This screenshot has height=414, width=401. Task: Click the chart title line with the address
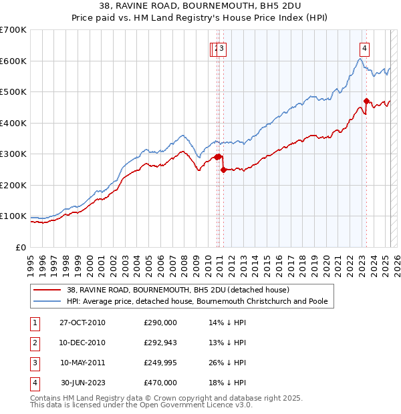tap(200, 7)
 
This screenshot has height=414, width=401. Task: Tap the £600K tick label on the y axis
tap(13, 61)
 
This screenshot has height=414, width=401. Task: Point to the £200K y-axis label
tap(13, 185)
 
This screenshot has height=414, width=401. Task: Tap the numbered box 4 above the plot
tap(365, 47)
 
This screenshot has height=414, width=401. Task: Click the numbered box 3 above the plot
tap(222, 47)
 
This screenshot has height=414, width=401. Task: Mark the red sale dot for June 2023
tap(366, 101)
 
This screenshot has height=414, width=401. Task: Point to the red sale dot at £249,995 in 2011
tap(223, 170)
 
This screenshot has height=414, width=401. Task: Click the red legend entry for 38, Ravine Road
tap(178, 290)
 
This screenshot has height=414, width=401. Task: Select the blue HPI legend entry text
tap(197, 301)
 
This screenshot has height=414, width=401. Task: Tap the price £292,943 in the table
tap(160, 343)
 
